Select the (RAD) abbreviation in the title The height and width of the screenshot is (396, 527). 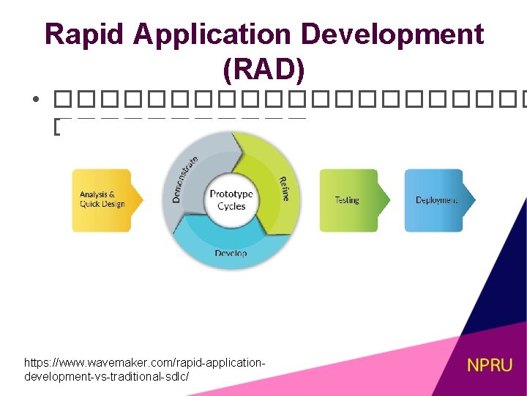[x=263, y=70]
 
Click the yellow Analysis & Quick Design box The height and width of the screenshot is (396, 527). [x=102, y=199]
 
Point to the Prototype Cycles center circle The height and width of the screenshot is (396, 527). [x=231, y=200]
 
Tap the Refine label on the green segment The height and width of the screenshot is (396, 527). [x=283, y=189]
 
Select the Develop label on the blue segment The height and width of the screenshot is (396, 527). [x=231, y=253]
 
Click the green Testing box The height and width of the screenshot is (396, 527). [x=348, y=199]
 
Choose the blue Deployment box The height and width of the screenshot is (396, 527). [x=436, y=199]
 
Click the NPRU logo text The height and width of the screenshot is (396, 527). [x=490, y=364]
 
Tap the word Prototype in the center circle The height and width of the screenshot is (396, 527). [x=231, y=194]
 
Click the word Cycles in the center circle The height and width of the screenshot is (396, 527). [x=231, y=206]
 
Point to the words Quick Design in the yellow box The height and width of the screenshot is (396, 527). [x=102, y=205]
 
